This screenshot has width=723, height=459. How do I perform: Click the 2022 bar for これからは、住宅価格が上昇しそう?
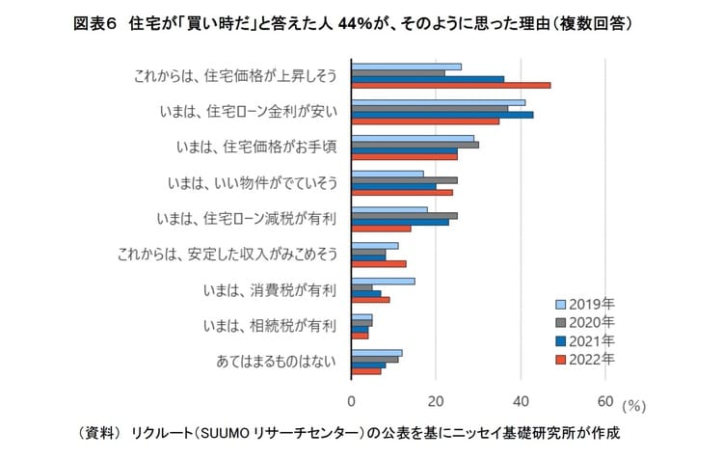[450, 85]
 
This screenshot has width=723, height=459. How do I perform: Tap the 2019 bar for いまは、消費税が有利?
[383, 282]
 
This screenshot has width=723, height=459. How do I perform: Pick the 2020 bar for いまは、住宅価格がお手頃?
[415, 145]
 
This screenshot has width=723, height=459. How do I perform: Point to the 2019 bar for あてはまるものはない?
[376, 353]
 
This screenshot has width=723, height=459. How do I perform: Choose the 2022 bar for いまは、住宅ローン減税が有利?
[381, 229]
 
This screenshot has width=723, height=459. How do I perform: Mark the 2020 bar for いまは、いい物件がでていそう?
[404, 180]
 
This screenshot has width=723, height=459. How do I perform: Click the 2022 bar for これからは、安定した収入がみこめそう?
[378, 264]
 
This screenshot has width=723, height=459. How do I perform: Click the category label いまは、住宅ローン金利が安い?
[248, 110]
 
